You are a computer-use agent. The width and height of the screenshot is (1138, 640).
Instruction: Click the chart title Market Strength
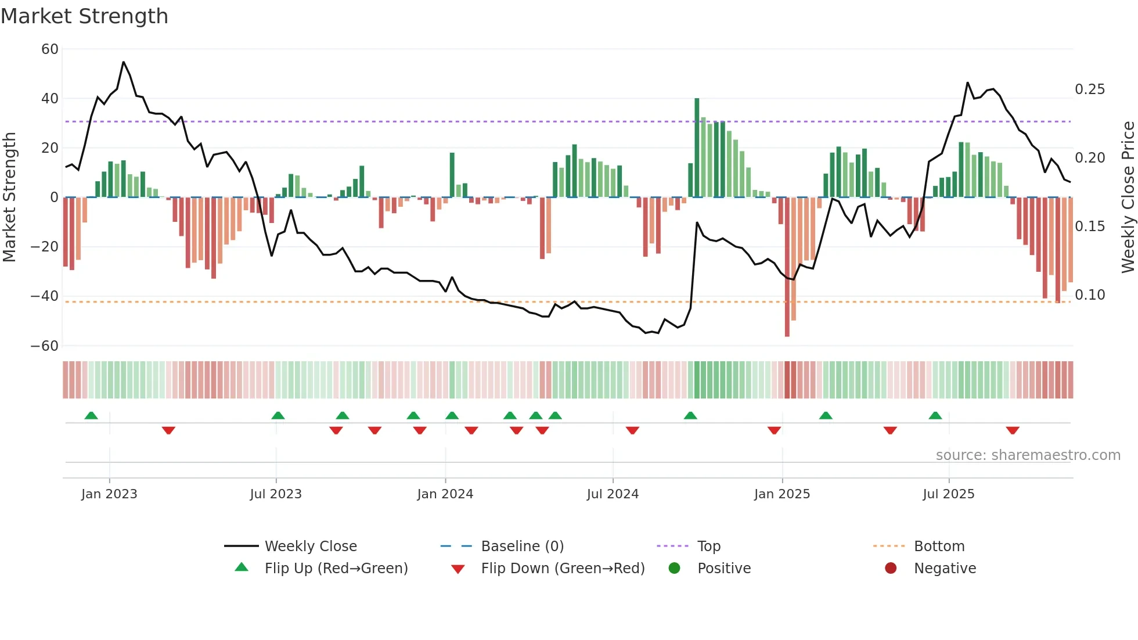click(84, 16)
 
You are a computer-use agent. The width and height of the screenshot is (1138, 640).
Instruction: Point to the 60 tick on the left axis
click(50, 49)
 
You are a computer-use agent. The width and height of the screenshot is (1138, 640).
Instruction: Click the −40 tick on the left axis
click(45, 296)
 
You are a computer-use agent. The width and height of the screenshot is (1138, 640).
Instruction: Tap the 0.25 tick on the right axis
click(1090, 89)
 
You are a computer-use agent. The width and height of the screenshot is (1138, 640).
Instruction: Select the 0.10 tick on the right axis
click(1090, 295)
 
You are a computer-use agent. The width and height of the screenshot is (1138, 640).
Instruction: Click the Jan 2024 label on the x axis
click(445, 494)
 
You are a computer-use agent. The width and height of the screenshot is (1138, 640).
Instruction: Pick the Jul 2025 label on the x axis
click(948, 494)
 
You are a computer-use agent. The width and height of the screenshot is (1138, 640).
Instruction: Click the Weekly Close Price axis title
click(1128, 197)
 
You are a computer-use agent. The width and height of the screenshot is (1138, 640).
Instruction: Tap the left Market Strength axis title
click(9, 197)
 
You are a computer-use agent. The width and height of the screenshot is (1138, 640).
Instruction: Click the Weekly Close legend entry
click(310, 546)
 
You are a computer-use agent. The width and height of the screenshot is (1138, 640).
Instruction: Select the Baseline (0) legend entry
click(522, 546)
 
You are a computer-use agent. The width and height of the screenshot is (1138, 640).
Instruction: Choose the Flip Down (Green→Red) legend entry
click(562, 569)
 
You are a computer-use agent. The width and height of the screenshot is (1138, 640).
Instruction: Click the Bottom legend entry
click(939, 546)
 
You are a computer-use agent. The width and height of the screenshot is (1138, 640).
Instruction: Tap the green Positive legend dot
click(674, 569)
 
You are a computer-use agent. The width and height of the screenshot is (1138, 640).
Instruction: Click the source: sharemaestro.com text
click(1028, 455)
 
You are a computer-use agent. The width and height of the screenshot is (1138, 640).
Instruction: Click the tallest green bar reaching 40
click(697, 148)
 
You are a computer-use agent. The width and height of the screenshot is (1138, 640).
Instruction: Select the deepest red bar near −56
click(787, 267)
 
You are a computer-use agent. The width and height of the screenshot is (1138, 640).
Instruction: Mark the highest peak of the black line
click(123, 62)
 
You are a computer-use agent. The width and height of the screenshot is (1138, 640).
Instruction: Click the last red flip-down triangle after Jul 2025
click(1013, 430)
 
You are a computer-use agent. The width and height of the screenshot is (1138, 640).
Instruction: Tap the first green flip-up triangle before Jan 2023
click(91, 415)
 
